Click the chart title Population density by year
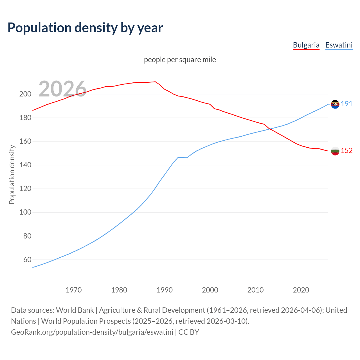click(85, 28)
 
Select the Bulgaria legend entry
click(306, 45)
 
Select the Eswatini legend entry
click(339, 45)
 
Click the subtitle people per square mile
click(180, 60)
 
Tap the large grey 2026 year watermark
click(62, 89)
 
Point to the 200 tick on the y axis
click(25, 94)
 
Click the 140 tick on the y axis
click(25, 165)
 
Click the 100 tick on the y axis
click(25, 212)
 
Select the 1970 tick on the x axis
click(74, 290)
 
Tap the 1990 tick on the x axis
click(165, 290)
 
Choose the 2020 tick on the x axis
click(301, 290)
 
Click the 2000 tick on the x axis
click(210, 290)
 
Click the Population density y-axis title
click(12, 174)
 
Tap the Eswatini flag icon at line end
click(335, 104)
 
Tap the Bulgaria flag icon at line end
click(335, 151)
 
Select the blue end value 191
click(346, 104)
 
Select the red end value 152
click(346, 151)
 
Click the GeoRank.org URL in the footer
click(92, 332)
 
